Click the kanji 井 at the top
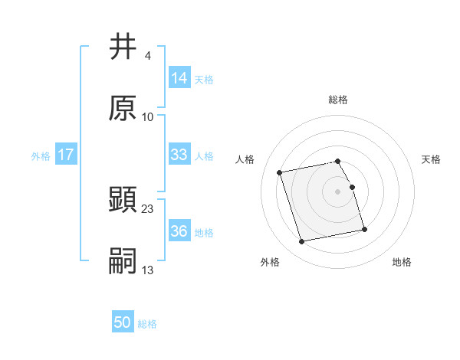click(123, 47)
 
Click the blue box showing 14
click(179, 78)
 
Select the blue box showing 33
click(179, 155)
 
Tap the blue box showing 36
click(179, 231)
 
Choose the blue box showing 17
click(66, 155)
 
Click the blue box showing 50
click(123, 323)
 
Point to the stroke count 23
click(148, 208)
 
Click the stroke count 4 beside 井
click(147, 56)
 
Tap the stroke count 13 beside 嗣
click(148, 270)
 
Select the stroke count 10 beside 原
click(148, 116)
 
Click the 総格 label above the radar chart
click(338, 100)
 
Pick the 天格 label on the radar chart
click(431, 159)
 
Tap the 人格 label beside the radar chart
click(245, 159)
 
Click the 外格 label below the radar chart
click(270, 263)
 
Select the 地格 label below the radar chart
click(402, 263)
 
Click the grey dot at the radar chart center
click(338, 191)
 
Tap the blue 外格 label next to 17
click(41, 155)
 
